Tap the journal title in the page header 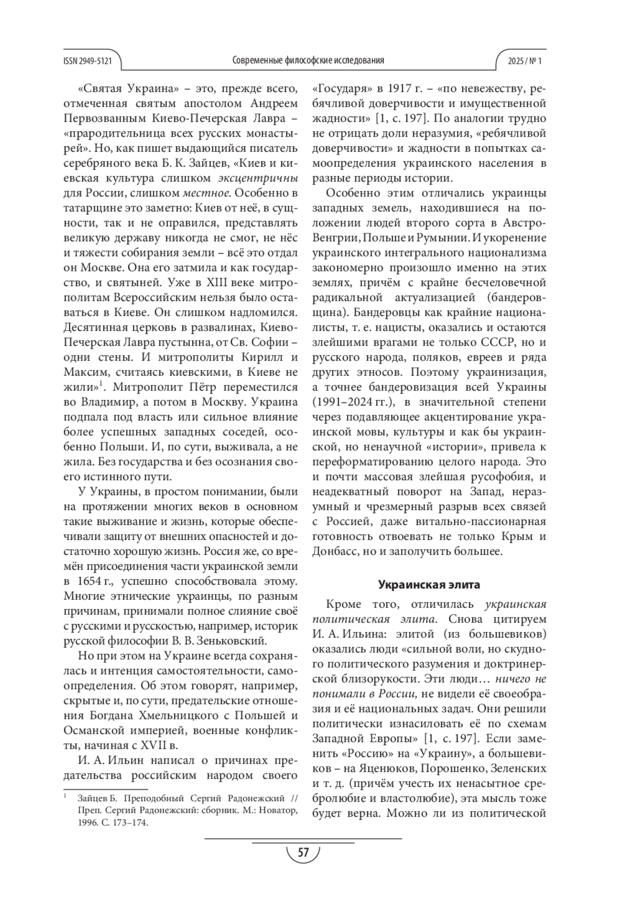pyautogui.click(x=308, y=61)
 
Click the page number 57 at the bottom pyautogui.click(x=303, y=853)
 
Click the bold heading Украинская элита pyautogui.click(x=429, y=585)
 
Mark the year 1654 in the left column pyautogui.click(x=88, y=582)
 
